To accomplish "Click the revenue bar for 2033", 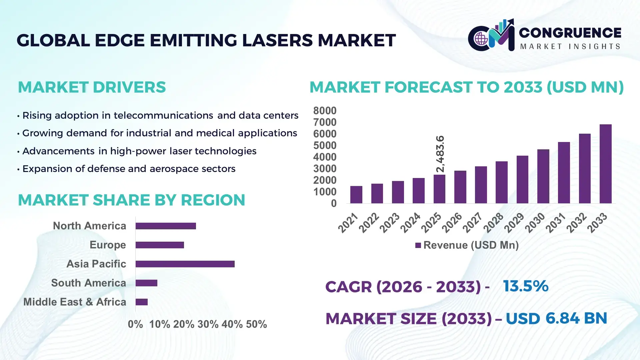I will pyautogui.click(x=605, y=164).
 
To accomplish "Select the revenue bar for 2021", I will pyautogui.click(x=356, y=195).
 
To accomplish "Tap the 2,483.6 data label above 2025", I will pyautogui.click(x=440, y=154).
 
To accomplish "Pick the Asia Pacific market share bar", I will pyautogui.click(x=185, y=264).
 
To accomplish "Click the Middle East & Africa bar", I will pyautogui.click(x=141, y=302).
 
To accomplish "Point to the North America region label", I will pyautogui.click(x=89, y=226).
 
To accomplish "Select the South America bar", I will pyautogui.click(x=146, y=283).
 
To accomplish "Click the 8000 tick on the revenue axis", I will pyautogui.click(x=325, y=110).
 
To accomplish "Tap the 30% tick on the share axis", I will pyautogui.click(x=208, y=324).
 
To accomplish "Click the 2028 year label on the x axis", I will pyautogui.click(x=494, y=222).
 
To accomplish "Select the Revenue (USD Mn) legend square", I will pyautogui.click(x=418, y=245).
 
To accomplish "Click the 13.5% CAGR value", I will pyautogui.click(x=525, y=286).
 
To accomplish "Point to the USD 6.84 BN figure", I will pyautogui.click(x=556, y=318).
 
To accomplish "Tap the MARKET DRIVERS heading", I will pyautogui.click(x=92, y=87).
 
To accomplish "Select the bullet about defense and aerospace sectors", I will pyautogui.click(x=129, y=169).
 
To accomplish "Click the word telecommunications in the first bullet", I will pyautogui.click(x=163, y=115).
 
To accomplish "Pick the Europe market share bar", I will pyautogui.click(x=160, y=245).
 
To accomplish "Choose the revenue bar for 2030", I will pyautogui.click(x=543, y=176).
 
